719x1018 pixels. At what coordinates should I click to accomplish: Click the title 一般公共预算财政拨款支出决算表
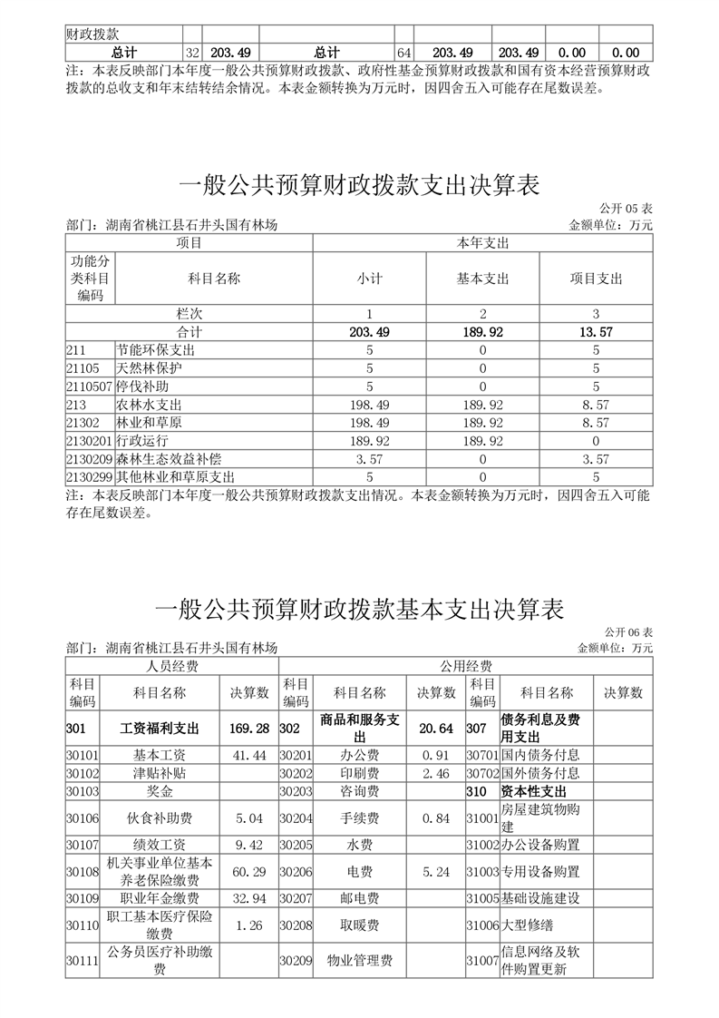[x=359, y=186]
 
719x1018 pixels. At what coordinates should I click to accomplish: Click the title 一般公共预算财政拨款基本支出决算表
[x=359, y=609]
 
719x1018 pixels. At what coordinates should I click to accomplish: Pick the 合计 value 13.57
[x=596, y=332]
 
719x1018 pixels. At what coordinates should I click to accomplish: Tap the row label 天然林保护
[x=149, y=368]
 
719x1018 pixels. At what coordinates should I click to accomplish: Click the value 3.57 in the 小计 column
[x=369, y=459]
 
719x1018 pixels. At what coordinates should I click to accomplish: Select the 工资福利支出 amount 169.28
[x=250, y=728]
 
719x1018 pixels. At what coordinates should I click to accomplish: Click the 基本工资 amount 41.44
[x=250, y=755]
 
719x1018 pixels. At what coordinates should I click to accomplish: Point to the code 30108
[x=83, y=872]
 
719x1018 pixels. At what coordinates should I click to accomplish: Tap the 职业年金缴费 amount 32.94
[x=250, y=898]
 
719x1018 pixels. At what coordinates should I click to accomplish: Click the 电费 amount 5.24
[x=436, y=872]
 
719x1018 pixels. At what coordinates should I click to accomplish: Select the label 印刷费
[x=359, y=774]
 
